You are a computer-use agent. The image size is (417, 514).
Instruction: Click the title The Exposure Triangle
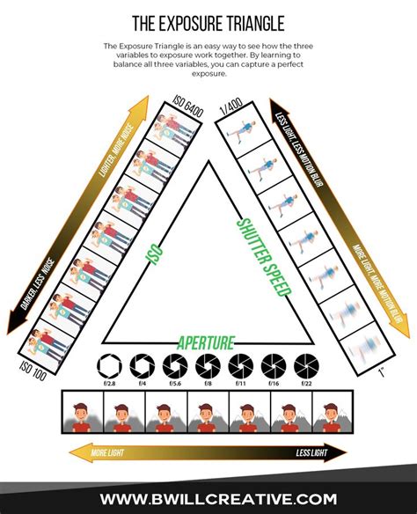pos(208,21)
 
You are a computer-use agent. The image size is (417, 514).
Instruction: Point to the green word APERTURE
pos(208,341)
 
